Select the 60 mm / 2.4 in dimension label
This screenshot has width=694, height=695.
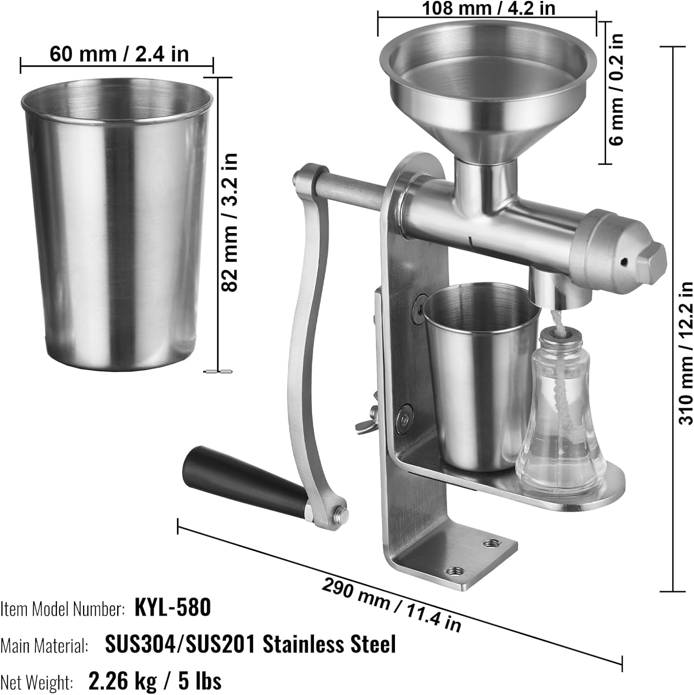tap(119, 54)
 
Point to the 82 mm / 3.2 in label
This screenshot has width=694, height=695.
tap(230, 222)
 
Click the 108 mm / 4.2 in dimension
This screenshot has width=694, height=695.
tap(489, 8)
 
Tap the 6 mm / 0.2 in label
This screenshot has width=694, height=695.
tap(617, 90)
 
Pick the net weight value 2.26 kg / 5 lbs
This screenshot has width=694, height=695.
tap(155, 681)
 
